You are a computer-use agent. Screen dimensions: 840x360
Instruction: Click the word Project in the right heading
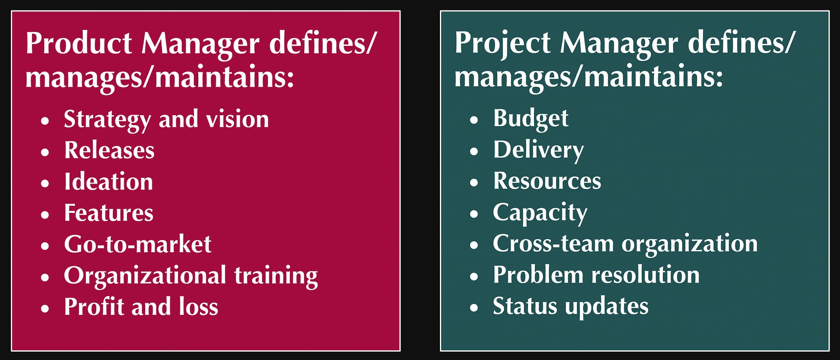point(503,44)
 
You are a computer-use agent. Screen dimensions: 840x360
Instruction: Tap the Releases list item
point(109,150)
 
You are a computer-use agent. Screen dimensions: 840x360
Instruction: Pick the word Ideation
point(109,181)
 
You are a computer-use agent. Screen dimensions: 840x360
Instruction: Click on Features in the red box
point(109,213)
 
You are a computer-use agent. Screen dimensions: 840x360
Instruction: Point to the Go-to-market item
point(138,244)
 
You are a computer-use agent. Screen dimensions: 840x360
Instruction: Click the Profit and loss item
point(141,307)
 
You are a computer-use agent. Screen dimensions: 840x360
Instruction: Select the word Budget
point(531,119)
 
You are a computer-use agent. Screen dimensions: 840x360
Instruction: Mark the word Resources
point(547,181)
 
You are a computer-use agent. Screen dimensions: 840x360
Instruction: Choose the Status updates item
point(571,307)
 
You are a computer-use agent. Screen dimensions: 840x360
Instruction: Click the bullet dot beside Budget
point(474,120)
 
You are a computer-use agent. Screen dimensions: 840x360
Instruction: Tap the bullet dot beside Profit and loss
point(45,308)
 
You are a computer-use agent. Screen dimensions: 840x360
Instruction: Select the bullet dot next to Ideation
point(45,183)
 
